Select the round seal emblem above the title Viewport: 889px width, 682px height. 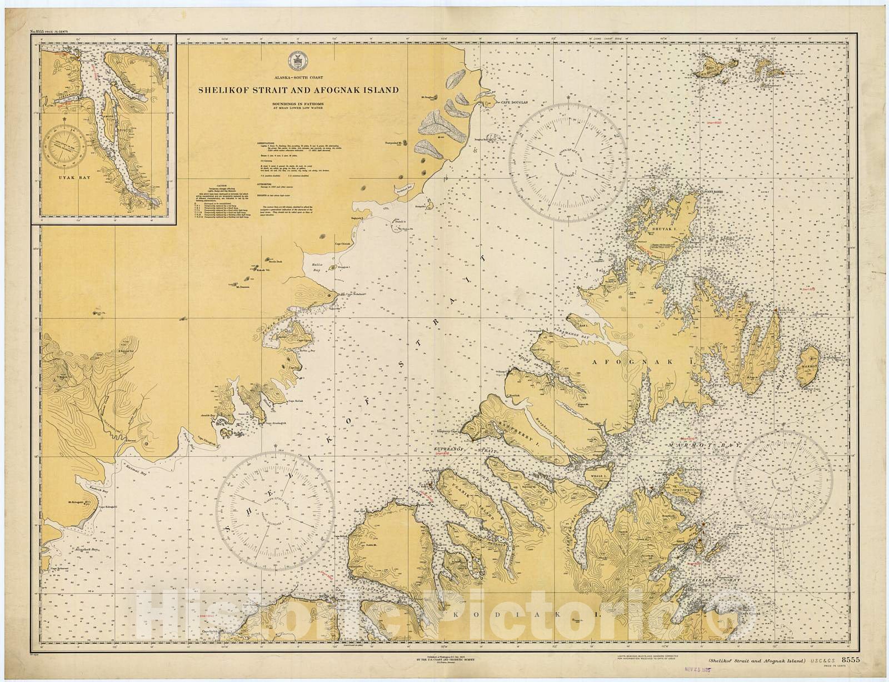point(294,59)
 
